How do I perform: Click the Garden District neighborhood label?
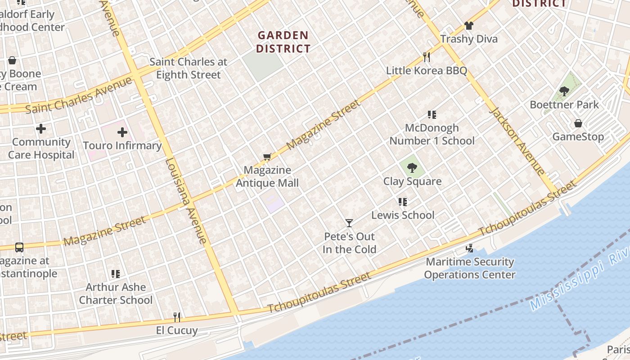point(283,42)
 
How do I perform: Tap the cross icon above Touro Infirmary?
point(122,132)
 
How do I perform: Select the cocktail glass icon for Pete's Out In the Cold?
point(349,223)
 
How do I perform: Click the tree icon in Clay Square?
point(412,168)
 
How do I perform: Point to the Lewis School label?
point(403,215)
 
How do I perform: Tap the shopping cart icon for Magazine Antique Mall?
point(267,157)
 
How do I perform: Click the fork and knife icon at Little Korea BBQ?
point(427,57)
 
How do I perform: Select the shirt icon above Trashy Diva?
point(469,26)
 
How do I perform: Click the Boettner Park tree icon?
point(564,91)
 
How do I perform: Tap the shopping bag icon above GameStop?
point(578,123)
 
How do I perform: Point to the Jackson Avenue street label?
point(517,140)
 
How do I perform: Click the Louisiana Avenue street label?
point(186,201)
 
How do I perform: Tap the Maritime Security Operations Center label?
point(470,268)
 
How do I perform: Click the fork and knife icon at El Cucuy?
point(177,317)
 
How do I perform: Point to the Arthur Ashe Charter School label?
point(116,293)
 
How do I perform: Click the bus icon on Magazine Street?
point(19,247)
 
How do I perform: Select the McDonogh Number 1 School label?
point(432,135)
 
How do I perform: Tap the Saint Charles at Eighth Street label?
point(189,68)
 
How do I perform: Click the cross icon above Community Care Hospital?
point(41,129)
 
